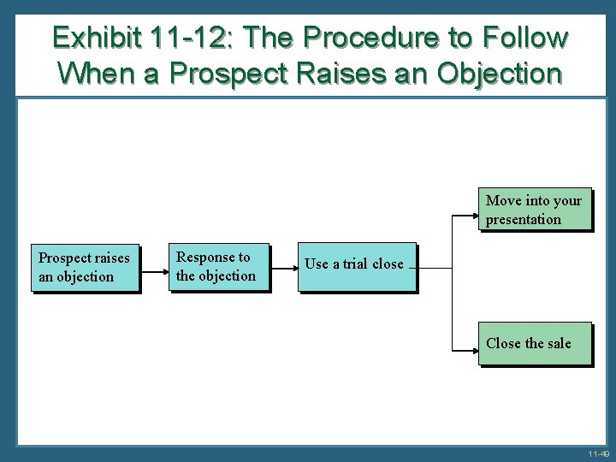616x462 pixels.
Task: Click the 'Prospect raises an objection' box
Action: tap(85, 267)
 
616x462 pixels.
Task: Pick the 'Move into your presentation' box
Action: tap(534, 210)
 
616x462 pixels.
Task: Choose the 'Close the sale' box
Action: tap(534, 343)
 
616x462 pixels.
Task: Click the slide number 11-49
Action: tap(599, 454)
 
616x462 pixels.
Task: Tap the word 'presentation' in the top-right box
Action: tap(524, 220)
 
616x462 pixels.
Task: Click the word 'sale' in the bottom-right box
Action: tap(558, 343)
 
